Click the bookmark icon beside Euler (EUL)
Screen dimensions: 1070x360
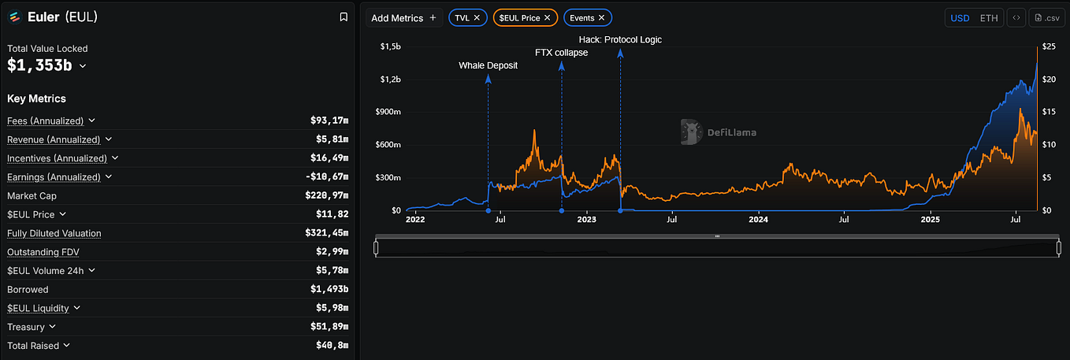coord(344,17)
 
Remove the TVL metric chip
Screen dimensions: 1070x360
coord(477,17)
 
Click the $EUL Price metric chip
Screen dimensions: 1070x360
coord(525,17)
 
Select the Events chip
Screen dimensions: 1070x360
coord(588,17)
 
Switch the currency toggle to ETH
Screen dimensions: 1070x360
coord(989,18)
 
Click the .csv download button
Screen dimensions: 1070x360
coord(1046,18)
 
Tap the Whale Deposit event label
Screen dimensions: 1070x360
coord(488,65)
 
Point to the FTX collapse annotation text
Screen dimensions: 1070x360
coord(561,53)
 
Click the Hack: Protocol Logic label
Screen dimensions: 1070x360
coord(620,39)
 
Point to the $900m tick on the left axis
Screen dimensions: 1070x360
coord(388,112)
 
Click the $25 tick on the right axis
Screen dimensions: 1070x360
coord(1049,46)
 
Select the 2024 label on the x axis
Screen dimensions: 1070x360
coord(758,220)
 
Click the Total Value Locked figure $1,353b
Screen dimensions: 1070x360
coord(39,65)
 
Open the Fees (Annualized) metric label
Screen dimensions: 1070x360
coord(46,121)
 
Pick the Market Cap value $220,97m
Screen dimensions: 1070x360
coord(327,195)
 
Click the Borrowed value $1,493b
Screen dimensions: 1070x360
coord(329,289)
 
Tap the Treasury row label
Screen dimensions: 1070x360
coord(26,327)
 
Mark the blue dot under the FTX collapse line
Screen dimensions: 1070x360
coord(562,210)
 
